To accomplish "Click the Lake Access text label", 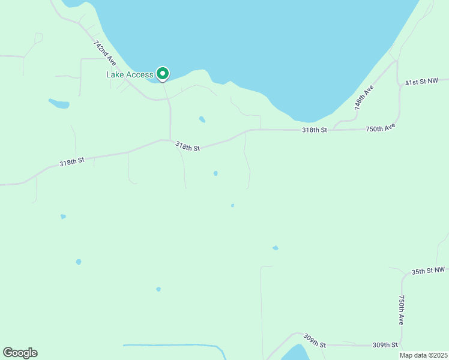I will tap(130, 74).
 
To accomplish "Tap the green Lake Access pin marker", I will tap(163, 74).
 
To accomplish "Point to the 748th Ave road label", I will tap(364, 97).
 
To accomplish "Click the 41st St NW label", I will tap(426, 82).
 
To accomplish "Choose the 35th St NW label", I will tap(429, 271).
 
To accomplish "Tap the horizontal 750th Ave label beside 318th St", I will tap(381, 128).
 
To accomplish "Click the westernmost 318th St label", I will tap(72, 162).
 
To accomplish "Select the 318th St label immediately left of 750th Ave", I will tap(315, 130).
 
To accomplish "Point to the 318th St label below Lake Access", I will tap(187, 146).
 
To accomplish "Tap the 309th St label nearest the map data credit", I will tap(385, 345).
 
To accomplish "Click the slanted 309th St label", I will tap(314, 340).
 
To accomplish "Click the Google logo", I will tap(20, 353).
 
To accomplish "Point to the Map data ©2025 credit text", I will tap(423, 355).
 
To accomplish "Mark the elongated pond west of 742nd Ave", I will tap(59, 104).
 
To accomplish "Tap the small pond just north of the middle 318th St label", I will tap(202, 119).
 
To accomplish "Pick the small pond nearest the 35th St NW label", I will tap(276, 248).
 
